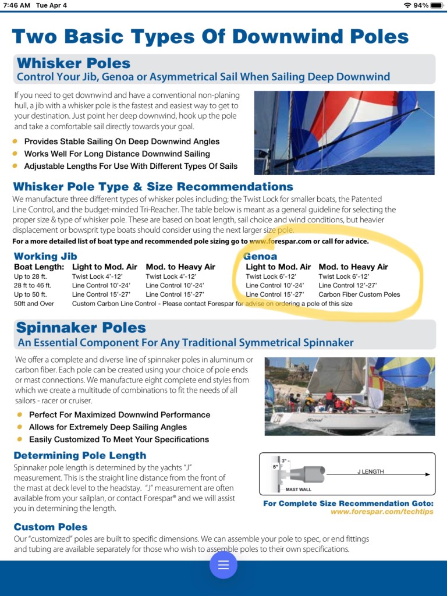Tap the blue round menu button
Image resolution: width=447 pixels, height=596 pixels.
223,565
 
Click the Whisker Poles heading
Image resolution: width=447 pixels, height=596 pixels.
74,63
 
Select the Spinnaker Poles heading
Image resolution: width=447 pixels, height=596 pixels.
81,328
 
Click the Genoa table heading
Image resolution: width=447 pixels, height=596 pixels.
260,256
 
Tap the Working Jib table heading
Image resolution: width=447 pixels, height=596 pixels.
45,256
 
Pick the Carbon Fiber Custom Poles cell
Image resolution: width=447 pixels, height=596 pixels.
359,295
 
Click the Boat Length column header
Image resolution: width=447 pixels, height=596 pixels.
39,267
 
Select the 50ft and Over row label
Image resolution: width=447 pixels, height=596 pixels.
34,303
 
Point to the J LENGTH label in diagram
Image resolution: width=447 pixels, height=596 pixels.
371,471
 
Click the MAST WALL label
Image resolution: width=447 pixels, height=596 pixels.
299,489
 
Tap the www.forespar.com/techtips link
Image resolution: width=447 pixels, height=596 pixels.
382,512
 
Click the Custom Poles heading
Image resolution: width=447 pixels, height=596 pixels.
51,527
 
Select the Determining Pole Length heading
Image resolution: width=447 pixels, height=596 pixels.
80,455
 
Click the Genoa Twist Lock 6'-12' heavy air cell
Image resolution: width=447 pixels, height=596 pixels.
345,276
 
